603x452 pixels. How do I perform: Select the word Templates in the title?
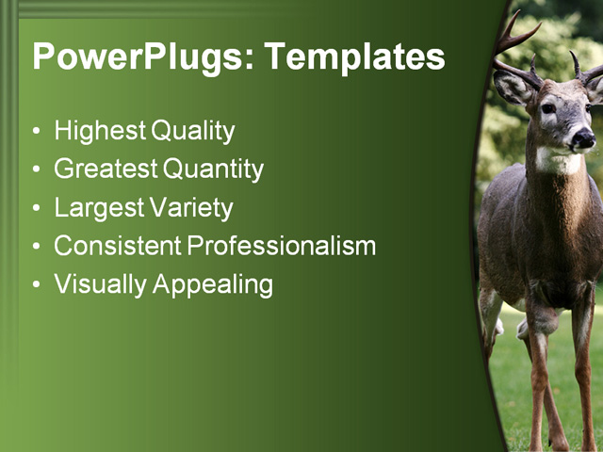tap(354, 57)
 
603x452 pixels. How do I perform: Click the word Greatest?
tap(105, 169)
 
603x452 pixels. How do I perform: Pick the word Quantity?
tap(213, 169)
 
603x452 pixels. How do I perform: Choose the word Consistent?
tap(118, 246)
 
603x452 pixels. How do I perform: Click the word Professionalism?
tap(282, 246)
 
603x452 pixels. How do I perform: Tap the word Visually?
tap(95, 284)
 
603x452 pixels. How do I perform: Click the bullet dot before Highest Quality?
tap(37, 132)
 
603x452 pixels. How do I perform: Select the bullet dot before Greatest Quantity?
tap(37, 170)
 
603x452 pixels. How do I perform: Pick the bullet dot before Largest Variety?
tap(37, 208)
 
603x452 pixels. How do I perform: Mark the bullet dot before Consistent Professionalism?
tap(37, 247)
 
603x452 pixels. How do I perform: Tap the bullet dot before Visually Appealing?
tap(37, 284)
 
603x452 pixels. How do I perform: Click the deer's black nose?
tap(583, 139)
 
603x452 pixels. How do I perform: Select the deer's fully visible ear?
tap(513, 88)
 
